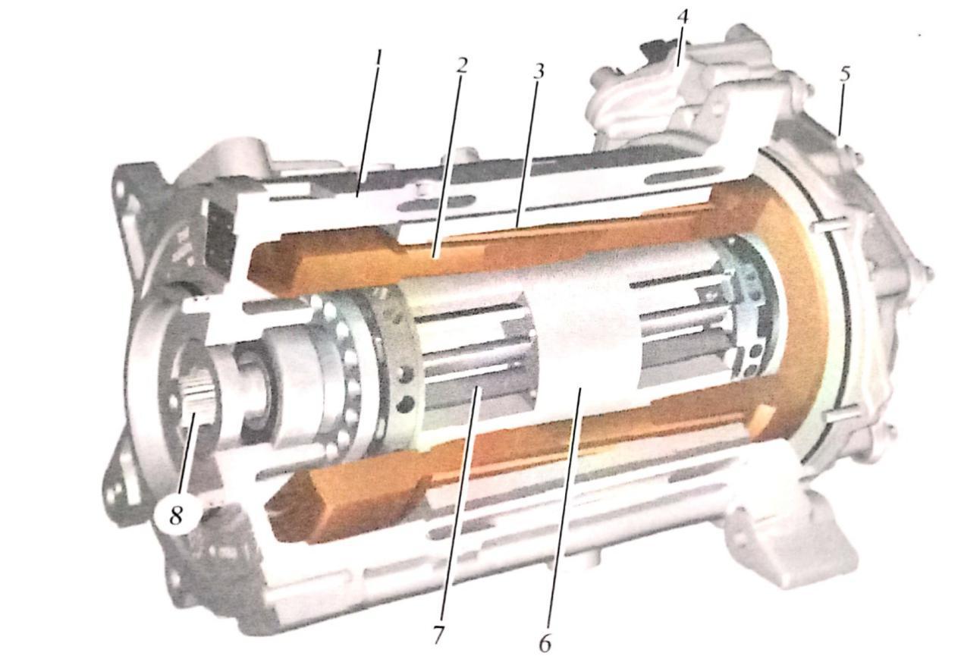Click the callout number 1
[x=378, y=62]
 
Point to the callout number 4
[x=682, y=17]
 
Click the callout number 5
[x=844, y=74]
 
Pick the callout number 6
[x=545, y=644]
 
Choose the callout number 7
[x=437, y=634]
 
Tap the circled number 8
[x=176, y=515]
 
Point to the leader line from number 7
[x=459, y=503]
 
